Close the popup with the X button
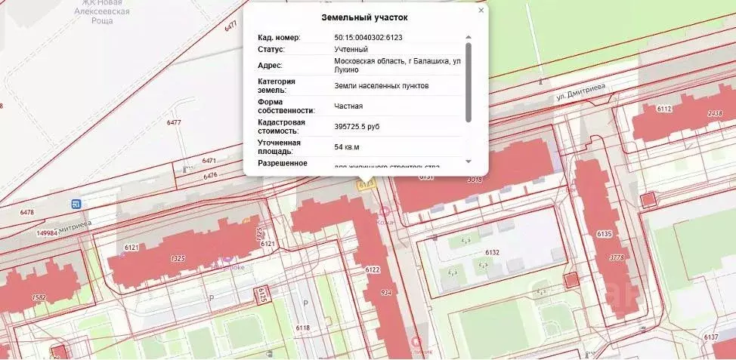coord(481,11)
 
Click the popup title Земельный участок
coord(365,17)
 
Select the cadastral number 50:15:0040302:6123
coord(374,37)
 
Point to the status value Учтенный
coord(351,49)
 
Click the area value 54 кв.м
coord(347,146)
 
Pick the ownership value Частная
coord(349,106)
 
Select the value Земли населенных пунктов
coord(382,86)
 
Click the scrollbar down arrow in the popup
coord(469,162)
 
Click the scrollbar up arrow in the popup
coord(469,37)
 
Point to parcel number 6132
coord(493,253)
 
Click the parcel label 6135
coord(604,235)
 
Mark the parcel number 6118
coord(304,328)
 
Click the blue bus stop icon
coord(76,204)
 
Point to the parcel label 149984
coord(48,233)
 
